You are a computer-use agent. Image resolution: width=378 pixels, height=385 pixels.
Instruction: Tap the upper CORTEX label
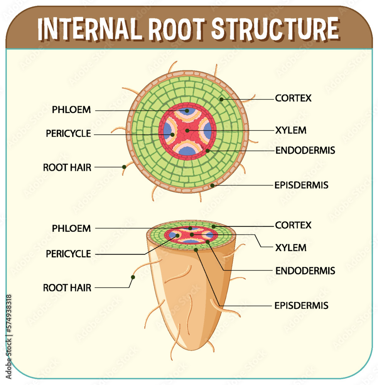tap(293, 98)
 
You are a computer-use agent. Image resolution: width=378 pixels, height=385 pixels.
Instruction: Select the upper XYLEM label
tap(291, 130)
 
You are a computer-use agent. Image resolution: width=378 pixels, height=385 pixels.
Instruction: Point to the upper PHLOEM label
tap(71, 110)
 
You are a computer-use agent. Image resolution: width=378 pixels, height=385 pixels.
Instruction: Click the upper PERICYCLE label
tap(68, 134)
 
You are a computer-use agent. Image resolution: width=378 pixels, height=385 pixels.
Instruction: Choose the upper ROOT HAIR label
tap(67, 167)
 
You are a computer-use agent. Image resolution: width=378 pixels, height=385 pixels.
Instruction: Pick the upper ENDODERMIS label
tap(305, 151)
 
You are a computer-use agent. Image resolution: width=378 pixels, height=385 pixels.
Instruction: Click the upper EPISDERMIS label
tap(301, 185)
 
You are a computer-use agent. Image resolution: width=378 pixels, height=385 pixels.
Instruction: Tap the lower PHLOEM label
tap(71, 228)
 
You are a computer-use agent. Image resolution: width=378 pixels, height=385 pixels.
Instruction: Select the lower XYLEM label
tap(291, 248)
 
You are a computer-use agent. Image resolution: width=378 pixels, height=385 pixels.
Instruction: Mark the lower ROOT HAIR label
tap(67, 288)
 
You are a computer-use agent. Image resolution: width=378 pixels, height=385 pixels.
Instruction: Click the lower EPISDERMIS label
tap(301, 306)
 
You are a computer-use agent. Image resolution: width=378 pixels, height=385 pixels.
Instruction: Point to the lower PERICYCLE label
tap(68, 254)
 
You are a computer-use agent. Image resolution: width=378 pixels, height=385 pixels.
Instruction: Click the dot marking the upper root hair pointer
tap(124, 167)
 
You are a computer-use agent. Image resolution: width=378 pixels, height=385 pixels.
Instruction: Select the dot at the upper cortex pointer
tap(222, 99)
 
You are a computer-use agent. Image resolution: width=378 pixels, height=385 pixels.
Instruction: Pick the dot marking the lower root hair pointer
tap(133, 277)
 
